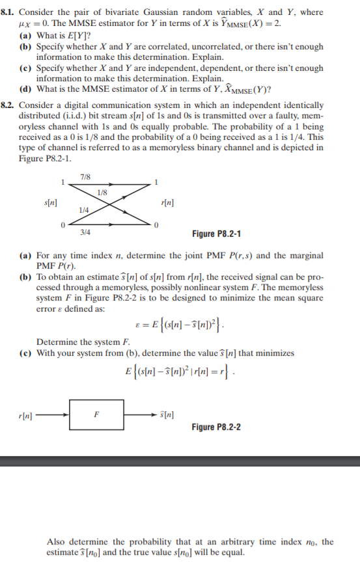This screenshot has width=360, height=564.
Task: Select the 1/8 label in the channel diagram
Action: point(102,192)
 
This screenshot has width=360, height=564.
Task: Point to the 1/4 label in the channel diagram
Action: point(84,209)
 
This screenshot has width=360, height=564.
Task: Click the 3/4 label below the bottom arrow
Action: point(85,232)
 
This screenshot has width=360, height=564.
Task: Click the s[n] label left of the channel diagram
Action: point(49,202)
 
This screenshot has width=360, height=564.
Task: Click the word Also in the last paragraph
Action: point(57,541)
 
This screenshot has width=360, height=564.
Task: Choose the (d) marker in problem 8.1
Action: point(25,89)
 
